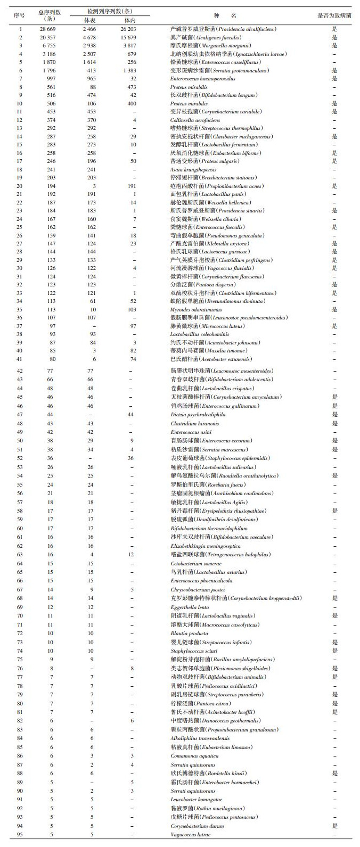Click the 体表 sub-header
click(89, 20)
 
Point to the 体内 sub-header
click(128, 20)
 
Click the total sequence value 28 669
click(52, 29)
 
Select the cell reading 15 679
click(128, 38)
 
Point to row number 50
click(20, 441)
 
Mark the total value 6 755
click(52, 46)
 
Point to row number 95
click(20, 834)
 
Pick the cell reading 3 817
click(128, 46)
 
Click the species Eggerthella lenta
click(190, 607)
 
